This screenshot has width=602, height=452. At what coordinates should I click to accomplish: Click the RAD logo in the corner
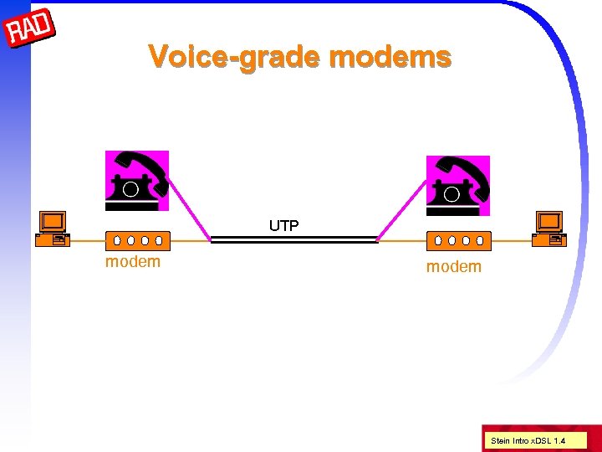coord(30,30)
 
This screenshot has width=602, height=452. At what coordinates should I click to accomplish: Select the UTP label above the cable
coord(284,225)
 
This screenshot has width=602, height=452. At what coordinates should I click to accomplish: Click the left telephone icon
coord(136,181)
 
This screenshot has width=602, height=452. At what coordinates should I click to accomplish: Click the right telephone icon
coord(457,185)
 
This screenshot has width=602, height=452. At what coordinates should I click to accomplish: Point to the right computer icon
coord(550,228)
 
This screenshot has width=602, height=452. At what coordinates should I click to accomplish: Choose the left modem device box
coord(138,240)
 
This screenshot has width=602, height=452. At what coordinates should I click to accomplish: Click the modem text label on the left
coord(133,262)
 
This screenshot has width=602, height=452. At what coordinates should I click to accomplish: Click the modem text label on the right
coord(454,267)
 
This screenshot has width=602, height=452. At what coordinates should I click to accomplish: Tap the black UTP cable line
coord(293,240)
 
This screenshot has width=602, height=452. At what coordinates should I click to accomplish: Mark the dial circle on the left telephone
coord(130,188)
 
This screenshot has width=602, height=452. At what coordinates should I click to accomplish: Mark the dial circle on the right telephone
coord(452,193)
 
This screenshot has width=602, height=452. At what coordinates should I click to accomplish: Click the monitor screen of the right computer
coord(549,221)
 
